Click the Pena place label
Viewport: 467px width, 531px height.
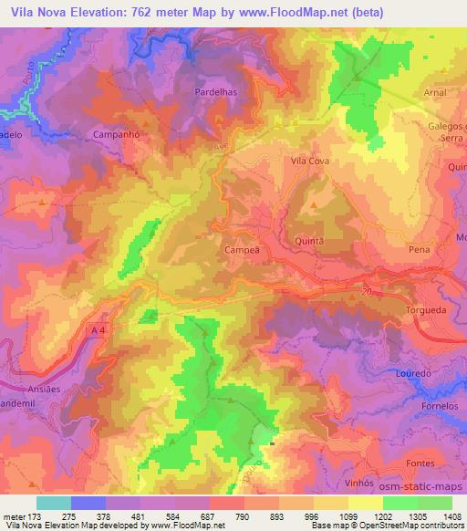420,249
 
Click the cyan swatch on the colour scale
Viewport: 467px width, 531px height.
53,503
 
